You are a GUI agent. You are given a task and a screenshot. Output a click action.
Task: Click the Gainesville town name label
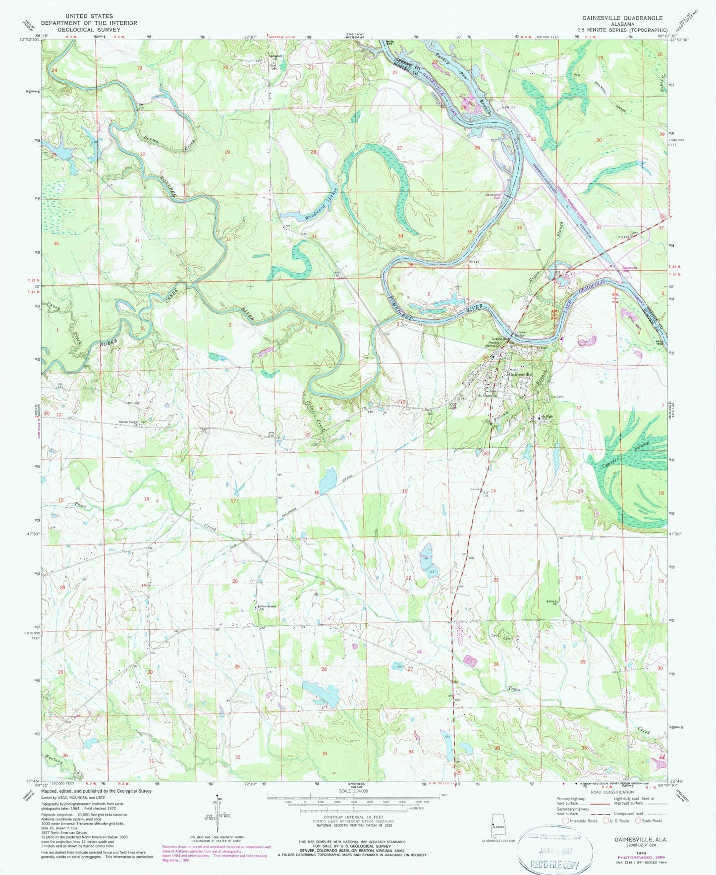520,375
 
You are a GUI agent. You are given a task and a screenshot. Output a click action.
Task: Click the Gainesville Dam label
494,197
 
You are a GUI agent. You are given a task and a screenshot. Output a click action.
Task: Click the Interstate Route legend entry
580,820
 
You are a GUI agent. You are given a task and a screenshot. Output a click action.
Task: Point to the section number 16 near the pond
316,492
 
